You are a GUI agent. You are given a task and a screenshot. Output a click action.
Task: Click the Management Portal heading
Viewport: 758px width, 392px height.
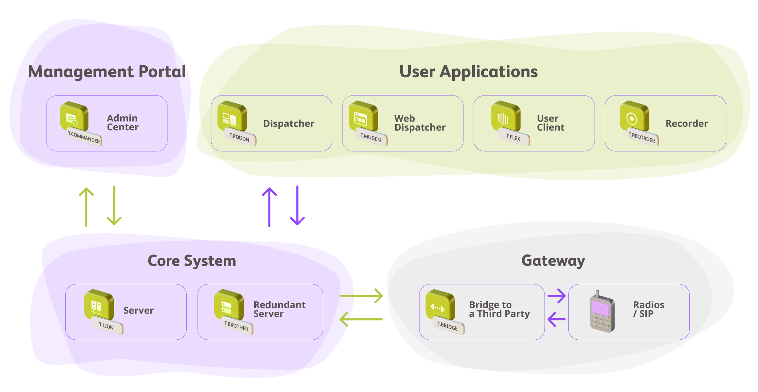pyautogui.click(x=107, y=72)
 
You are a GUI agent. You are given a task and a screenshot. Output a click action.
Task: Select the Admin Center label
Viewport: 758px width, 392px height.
pyautogui.click(x=123, y=123)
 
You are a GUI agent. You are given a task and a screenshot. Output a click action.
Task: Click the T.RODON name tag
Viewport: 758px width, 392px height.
pyautogui.click(x=240, y=137)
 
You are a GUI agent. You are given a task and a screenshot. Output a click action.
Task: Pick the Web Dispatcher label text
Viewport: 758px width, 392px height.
pyautogui.click(x=419, y=123)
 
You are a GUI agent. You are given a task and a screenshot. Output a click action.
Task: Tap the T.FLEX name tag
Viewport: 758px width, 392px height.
pyautogui.click(x=514, y=137)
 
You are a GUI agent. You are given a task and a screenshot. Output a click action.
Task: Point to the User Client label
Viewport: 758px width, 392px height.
pyautogui.click(x=550, y=123)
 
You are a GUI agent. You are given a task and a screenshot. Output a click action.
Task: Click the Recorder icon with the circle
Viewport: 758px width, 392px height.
pyautogui.click(x=633, y=117)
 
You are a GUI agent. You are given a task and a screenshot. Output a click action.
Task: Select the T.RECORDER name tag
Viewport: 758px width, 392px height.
pyautogui.click(x=642, y=138)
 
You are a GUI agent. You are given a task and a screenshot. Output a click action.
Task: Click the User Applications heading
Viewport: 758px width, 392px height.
pyautogui.click(x=469, y=72)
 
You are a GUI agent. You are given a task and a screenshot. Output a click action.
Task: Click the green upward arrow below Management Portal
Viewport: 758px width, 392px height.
pyautogui.click(x=86, y=207)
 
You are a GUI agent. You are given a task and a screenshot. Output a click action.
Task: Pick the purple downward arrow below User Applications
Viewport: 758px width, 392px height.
pyautogui.click(x=297, y=206)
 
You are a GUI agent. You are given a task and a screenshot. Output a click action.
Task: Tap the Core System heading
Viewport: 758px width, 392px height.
pyautogui.click(x=192, y=261)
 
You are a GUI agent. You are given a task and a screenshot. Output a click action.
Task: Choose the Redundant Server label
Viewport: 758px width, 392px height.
pyautogui.click(x=279, y=309)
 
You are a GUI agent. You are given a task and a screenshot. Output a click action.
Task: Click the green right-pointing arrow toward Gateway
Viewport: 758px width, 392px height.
pyautogui.click(x=361, y=296)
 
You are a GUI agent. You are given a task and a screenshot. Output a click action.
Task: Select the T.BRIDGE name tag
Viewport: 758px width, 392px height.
pyautogui.click(x=448, y=326)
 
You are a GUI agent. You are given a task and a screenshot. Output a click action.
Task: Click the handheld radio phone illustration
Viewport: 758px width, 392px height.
pyautogui.click(x=602, y=313)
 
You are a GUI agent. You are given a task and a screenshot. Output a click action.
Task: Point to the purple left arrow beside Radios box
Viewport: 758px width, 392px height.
pyautogui.click(x=556, y=319)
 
